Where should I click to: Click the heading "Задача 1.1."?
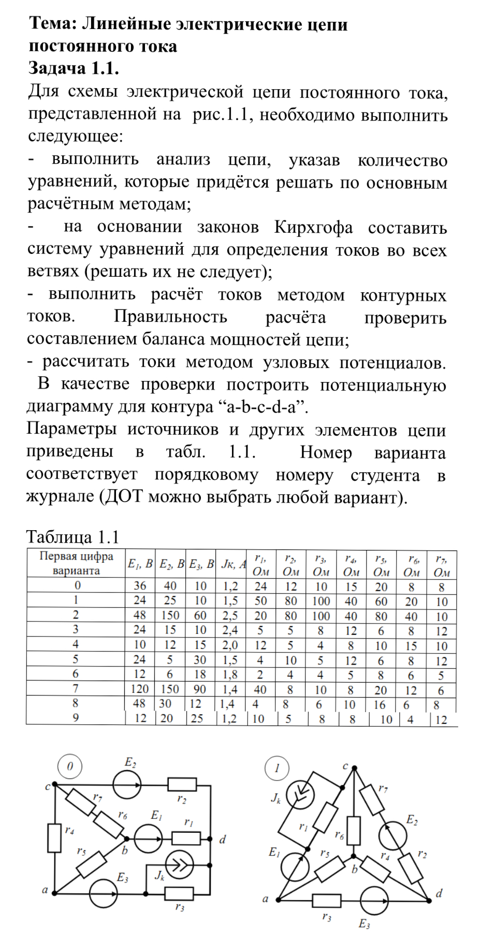pos(74,68)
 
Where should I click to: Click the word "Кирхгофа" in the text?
pos(313,228)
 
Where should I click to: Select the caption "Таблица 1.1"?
pos(72,537)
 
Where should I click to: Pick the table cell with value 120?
pos(140,689)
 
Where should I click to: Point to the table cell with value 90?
pos(200,689)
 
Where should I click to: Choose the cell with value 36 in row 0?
pos(140,586)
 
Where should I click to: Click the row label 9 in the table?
pos(76,718)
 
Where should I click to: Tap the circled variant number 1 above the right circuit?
pos(277,768)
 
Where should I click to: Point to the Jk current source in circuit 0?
pos(179,865)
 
